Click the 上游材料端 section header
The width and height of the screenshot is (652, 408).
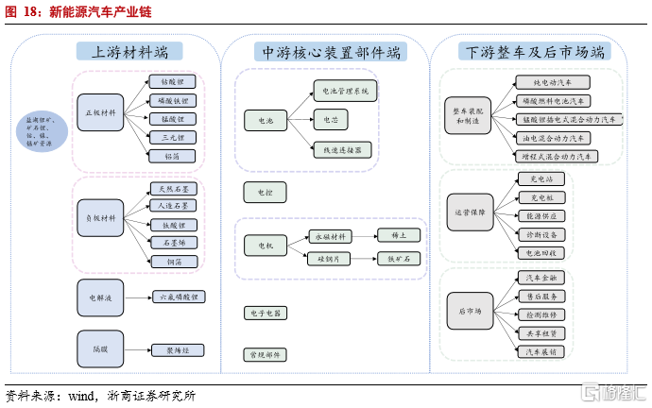coord(130,53)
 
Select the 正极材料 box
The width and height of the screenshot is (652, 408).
coord(100,113)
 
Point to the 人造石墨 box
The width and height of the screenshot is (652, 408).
coord(172,205)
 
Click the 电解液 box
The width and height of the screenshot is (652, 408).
coord(100,297)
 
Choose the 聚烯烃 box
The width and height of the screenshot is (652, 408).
coord(178,349)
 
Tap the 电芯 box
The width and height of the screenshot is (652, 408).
coord(330,120)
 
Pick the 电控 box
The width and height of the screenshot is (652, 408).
coord(265,193)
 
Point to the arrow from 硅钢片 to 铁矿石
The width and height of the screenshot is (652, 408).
coord(363,258)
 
